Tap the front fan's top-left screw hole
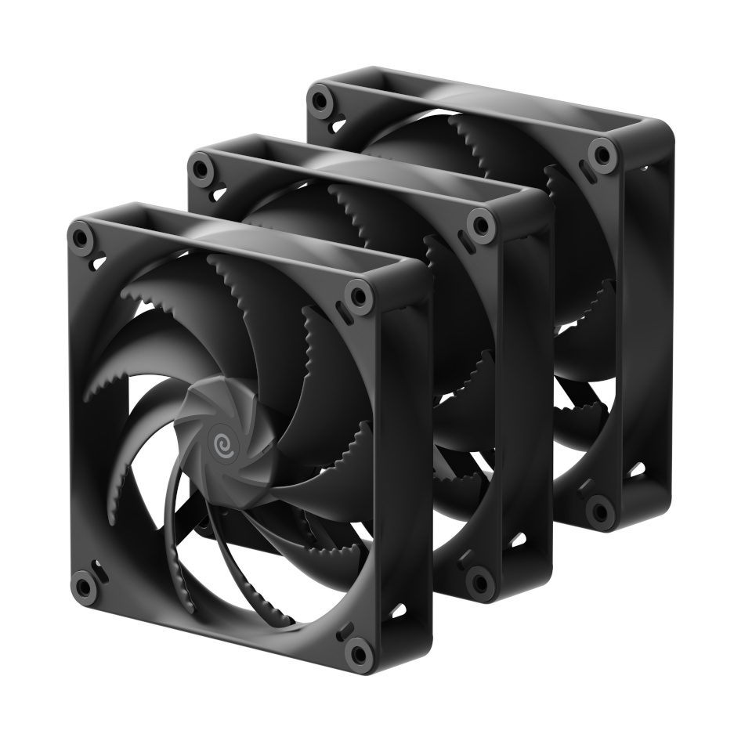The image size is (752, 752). point(80,237)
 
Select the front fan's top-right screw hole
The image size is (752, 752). point(360,297)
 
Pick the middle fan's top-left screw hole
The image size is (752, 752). point(202,168)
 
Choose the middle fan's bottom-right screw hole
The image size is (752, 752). point(479,580)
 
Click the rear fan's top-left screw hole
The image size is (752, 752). point(320,100)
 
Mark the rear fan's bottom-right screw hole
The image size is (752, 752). point(600,511)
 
